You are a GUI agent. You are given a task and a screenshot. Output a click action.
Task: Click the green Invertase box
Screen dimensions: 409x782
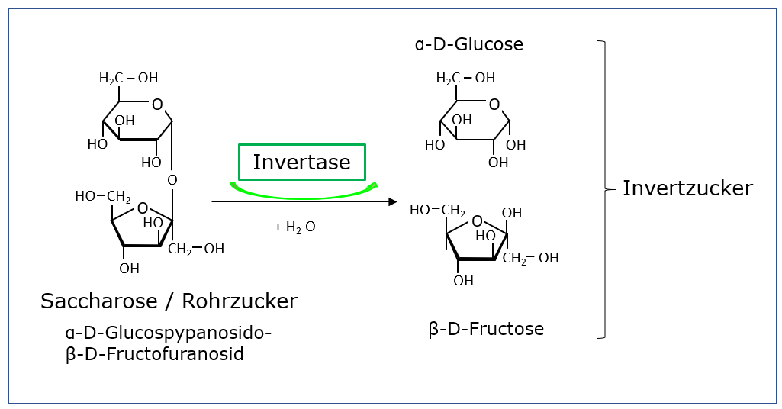coord(301,162)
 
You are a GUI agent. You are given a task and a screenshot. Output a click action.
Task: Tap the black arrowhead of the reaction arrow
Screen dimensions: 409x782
coord(392,202)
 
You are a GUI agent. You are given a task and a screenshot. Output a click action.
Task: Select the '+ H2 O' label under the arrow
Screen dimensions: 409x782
coord(294,227)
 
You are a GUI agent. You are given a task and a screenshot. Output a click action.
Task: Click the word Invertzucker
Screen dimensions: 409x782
coord(687,188)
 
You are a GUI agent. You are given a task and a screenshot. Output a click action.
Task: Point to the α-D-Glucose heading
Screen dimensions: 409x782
coord(468,44)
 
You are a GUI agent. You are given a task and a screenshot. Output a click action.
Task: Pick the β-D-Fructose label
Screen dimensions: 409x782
coord(486,329)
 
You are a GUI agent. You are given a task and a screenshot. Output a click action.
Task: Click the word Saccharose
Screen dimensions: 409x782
coord(100,301)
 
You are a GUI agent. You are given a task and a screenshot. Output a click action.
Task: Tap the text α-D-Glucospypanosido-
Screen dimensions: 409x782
coord(168,333)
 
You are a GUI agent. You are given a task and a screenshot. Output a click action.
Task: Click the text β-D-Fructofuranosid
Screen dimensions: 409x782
coord(154,354)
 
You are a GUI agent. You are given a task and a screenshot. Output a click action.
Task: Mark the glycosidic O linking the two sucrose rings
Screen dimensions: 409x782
coord(172,180)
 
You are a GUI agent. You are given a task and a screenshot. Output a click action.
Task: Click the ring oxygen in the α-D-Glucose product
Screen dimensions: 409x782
coord(494,105)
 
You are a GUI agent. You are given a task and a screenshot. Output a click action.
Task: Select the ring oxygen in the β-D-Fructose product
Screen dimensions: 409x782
coord(477,222)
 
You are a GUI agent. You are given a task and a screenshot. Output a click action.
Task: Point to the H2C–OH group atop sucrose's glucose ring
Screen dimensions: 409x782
coord(128,78)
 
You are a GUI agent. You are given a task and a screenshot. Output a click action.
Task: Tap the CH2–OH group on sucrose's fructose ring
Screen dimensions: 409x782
coord(196,249)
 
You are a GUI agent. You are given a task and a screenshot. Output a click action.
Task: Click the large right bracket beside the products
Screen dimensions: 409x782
coord(603,188)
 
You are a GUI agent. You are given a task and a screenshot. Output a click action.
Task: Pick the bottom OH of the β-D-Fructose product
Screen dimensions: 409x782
coord(463,280)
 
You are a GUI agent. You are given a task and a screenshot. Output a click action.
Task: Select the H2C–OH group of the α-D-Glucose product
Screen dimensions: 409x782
coord(465,78)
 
